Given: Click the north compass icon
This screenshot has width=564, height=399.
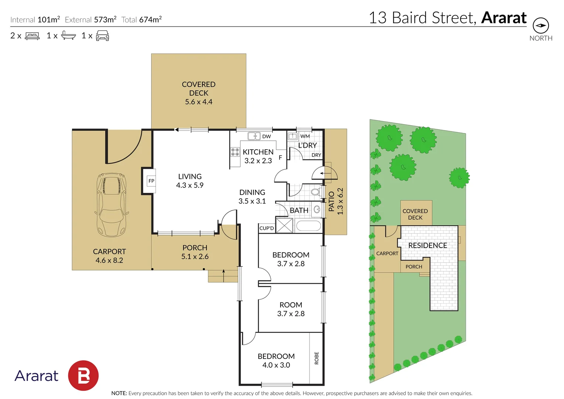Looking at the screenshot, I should (541, 25).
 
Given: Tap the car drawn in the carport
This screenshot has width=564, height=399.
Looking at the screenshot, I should (111, 205).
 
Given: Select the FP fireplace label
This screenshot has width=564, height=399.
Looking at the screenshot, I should (151, 181).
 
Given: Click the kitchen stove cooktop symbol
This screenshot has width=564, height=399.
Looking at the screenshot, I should (235, 152).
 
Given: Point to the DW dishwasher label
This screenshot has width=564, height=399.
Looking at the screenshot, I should (266, 136).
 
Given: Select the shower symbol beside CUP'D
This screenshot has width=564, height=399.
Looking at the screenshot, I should (284, 225).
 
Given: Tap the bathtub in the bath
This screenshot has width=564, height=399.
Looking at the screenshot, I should (308, 225).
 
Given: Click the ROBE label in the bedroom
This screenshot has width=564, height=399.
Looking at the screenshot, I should (317, 358).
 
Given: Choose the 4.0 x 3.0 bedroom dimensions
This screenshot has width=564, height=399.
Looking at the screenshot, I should (276, 365).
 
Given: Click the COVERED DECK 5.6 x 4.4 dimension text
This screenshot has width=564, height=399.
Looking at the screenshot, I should (199, 102).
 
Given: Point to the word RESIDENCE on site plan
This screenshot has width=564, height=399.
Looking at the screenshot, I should (427, 245).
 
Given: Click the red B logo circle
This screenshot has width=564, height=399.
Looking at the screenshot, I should (83, 376).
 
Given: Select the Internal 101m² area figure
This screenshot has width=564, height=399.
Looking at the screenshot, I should (48, 20).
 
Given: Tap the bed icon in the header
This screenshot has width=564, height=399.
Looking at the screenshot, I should (32, 36).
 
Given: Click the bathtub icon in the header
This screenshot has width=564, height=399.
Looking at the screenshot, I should (68, 36).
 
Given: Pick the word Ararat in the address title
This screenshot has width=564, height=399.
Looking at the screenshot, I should (504, 18).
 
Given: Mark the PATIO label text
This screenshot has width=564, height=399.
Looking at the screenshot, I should (331, 202).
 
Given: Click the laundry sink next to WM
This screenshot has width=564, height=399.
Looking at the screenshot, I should (293, 136).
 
